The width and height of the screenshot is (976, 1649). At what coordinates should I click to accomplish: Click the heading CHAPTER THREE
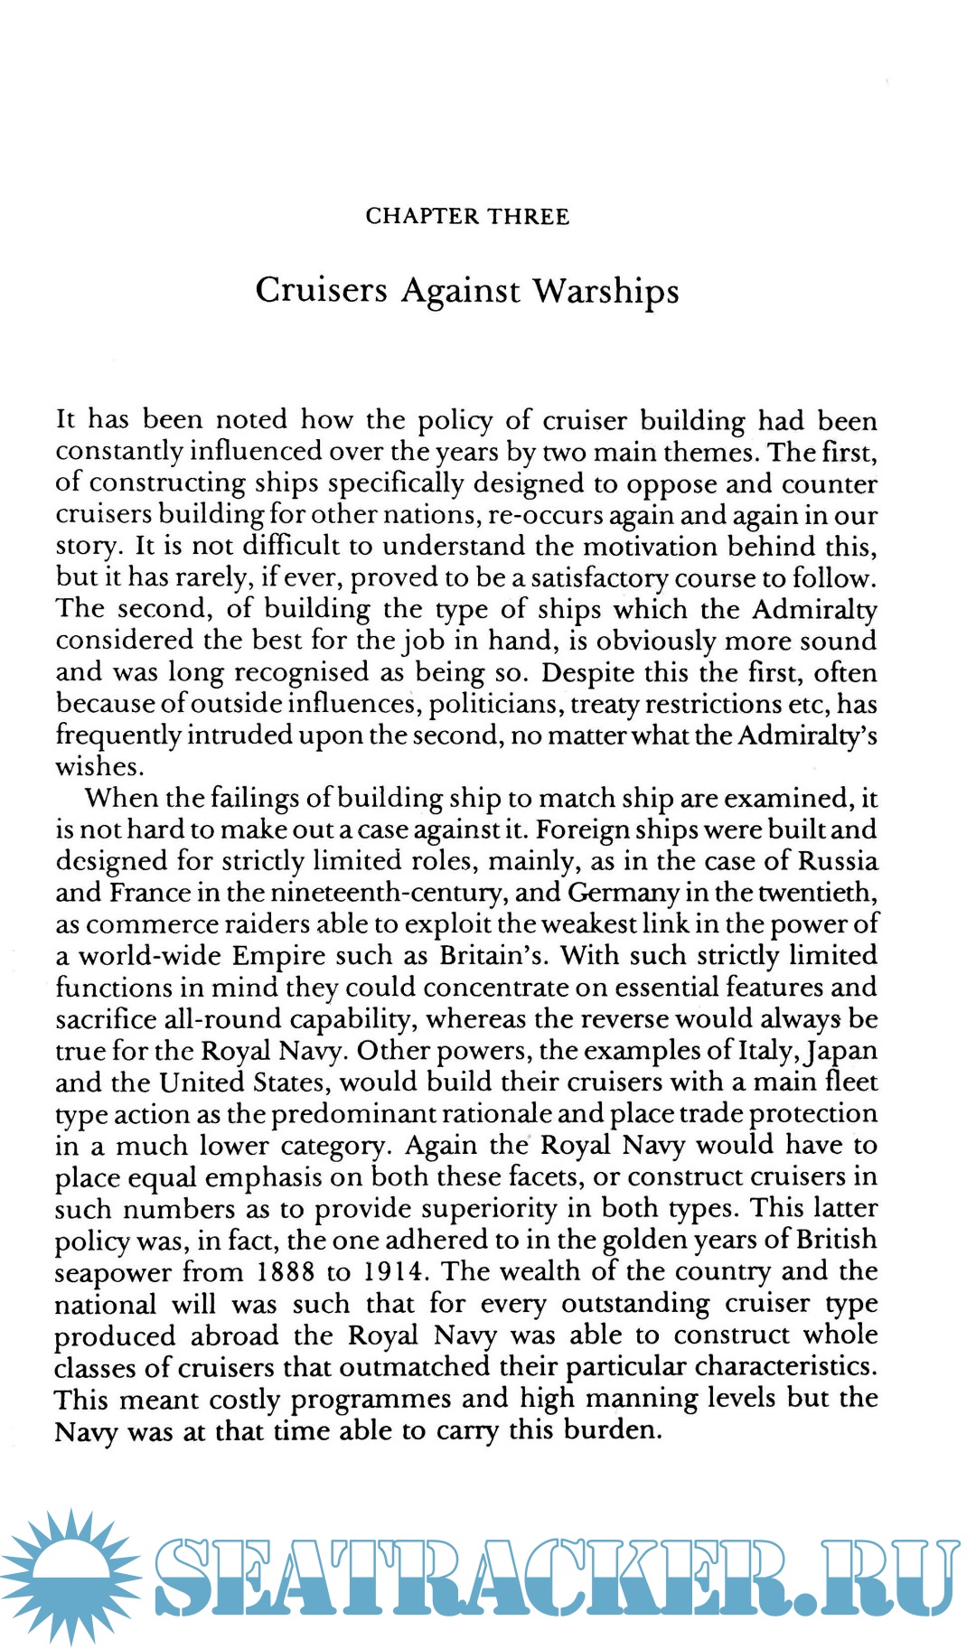[x=467, y=217]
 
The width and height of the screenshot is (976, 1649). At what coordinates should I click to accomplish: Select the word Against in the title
[x=460, y=292]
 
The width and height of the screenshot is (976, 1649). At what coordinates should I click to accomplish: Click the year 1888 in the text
[x=286, y=1272]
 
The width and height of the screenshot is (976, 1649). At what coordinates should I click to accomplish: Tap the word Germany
[x=623, y=893]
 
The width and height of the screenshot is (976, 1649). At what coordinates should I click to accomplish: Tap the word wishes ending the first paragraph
[x=100, y=767]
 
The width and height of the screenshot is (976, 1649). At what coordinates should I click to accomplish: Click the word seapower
[x=113, y=1273]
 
